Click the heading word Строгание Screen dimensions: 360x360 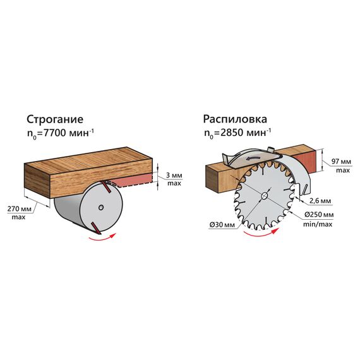click(55, 119)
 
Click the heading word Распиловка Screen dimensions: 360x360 click(235, 119)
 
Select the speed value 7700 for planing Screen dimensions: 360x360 click(55, 133)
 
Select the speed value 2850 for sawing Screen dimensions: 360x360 click(232, 133)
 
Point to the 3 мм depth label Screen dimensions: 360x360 click(174, 176)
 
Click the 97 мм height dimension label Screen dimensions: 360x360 click(341, 162)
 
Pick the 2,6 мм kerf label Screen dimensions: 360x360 click(320, 201)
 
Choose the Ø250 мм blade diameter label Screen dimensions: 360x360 click(319, 215)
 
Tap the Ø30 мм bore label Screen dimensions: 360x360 click(222, 225)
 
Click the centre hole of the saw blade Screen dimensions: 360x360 click(264, 196)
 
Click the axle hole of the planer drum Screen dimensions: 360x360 click(100, 208)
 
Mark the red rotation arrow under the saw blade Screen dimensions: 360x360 click(261, 234)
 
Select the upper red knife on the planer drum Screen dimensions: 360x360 click(107, 186)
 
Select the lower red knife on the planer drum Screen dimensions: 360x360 click(96, 228)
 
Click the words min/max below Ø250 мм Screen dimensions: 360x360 click(318, 224)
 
